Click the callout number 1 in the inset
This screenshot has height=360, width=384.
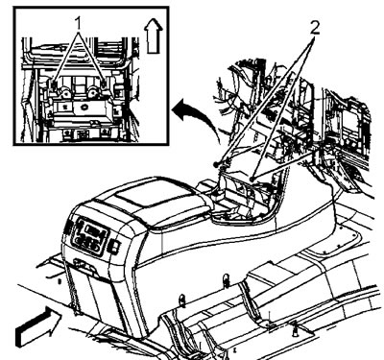tap(79, 23)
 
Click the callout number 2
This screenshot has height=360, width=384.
tap(315, 29)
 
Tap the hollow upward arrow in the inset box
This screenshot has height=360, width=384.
tap(154, 36)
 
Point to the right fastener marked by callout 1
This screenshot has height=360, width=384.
tap(104, 84)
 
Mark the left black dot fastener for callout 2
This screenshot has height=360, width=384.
tap(216, 165)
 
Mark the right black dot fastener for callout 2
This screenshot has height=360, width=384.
tap(252, 180)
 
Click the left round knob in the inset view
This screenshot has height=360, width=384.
tap(66, 93)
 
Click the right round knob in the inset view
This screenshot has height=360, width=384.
tap(93, 92)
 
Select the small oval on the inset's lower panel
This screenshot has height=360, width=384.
tap(84, 107)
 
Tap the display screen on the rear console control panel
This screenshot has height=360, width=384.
tap(95, 230)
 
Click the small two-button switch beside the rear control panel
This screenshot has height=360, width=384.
tap(114, 247)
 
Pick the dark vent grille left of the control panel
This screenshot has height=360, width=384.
tap(68, 227)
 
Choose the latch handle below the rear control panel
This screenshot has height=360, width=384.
tap(86, 266)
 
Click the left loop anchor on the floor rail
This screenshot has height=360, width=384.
tap(182, 300)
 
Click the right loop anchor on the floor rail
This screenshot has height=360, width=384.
tap(226, 280)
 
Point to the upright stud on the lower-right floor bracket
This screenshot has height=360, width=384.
tap(295, 330)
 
